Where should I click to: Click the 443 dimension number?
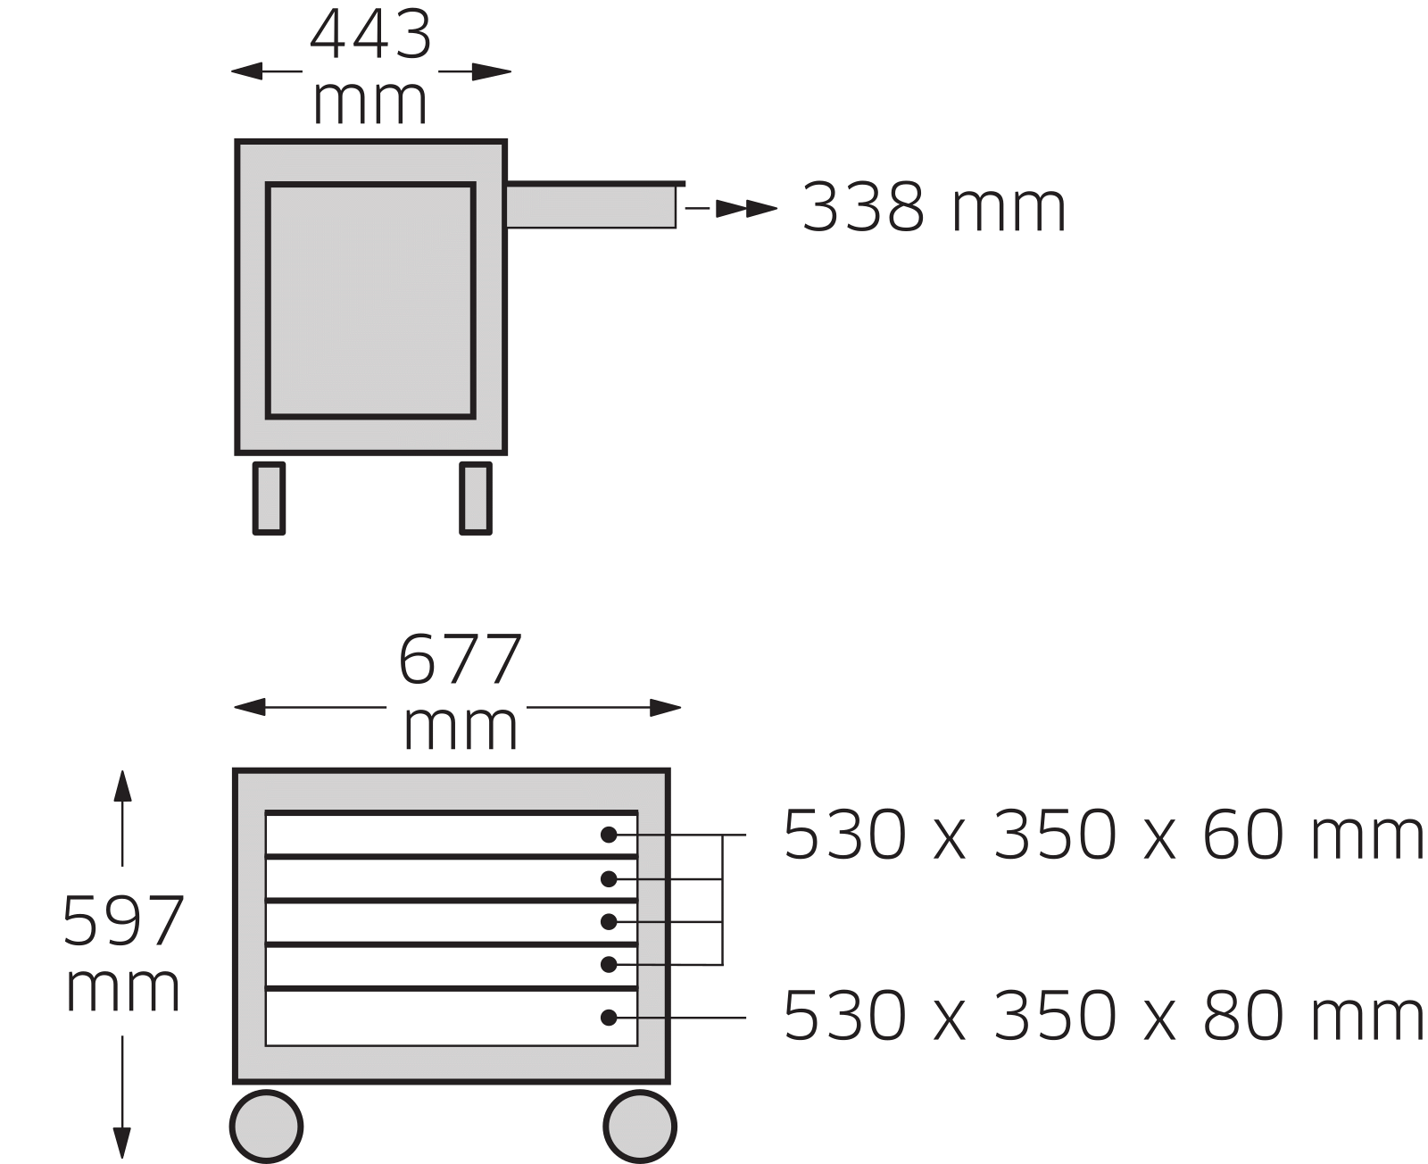[370, 34]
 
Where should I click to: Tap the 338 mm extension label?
[934, 207]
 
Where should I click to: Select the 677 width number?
[460, 660]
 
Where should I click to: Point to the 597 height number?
[122, 921]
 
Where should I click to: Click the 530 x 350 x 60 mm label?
[1103, 835]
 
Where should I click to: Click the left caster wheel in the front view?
[266, 1127]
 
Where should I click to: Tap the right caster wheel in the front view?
[640, 1127]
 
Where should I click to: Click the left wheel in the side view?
[269, 497]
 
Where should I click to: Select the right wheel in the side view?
[476, 497]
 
